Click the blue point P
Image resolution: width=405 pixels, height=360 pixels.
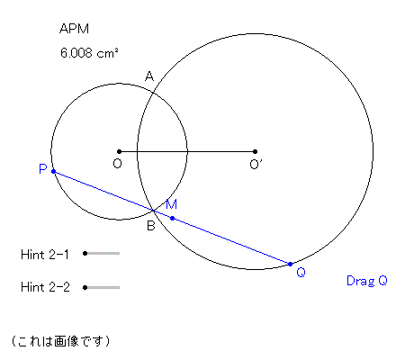point(53,171)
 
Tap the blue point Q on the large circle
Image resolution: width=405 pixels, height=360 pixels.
point(290,264)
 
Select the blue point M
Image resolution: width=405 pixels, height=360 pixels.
point(172,218)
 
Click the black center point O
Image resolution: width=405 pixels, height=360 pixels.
point(119,151)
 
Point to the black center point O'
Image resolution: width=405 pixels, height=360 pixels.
point(255,151)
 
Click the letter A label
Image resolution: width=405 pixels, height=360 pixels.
point(149,76)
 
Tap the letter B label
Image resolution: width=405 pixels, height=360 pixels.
point(151,225)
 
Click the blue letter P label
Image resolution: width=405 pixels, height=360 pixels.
point(43,169)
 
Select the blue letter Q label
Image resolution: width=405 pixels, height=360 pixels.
point(301,273)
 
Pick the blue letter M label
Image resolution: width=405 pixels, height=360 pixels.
point(171,204)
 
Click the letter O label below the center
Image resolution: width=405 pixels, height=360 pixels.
point(117,164)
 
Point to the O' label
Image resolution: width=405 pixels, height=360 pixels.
point(256,164)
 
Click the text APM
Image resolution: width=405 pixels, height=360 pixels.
point(74,29)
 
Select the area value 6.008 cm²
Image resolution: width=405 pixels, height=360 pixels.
point(89,53)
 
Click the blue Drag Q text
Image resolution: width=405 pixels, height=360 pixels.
point(366,281)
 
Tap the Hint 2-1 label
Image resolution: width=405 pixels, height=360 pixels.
point(45,255)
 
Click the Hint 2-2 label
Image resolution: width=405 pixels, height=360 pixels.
point(45,287)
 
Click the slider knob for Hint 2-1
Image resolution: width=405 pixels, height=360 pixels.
point(85,254)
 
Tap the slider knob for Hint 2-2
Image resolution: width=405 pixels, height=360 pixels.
point(85,287)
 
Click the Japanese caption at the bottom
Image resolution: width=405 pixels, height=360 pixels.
point(60,341)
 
